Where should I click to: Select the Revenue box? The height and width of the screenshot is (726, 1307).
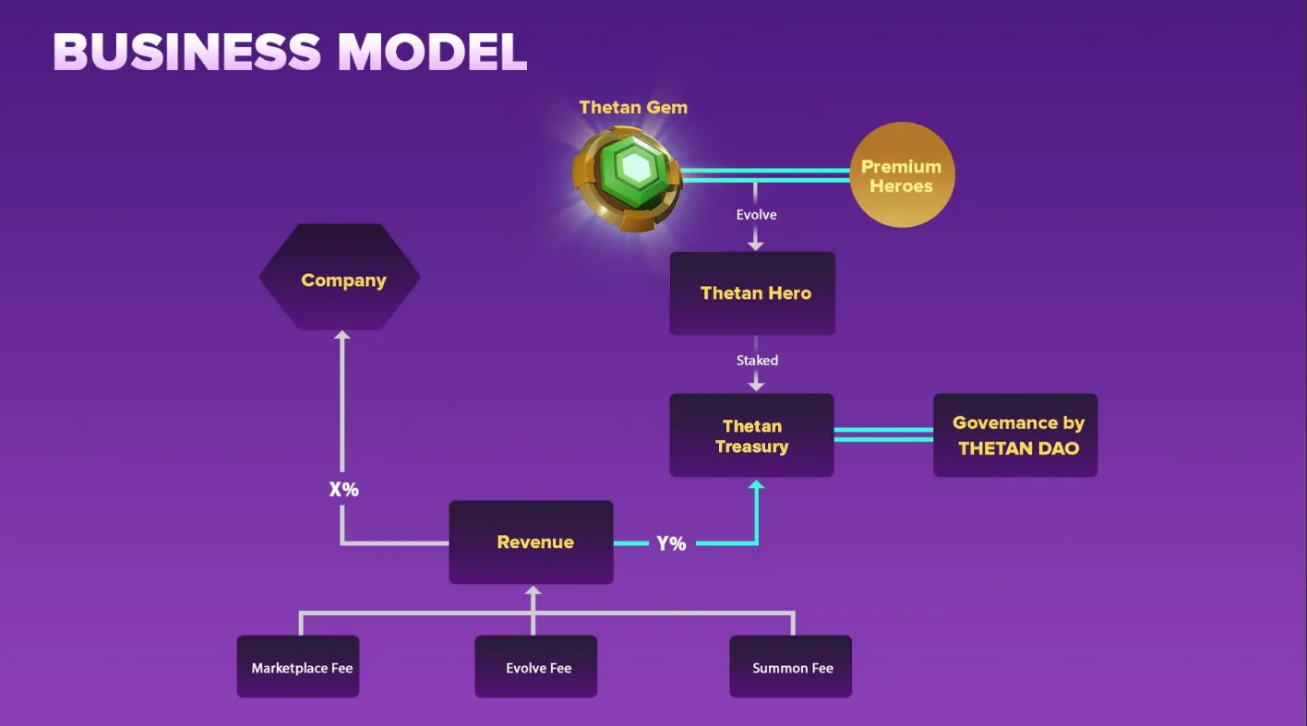click(531, 542)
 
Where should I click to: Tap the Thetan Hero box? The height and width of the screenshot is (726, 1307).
click(752, 293)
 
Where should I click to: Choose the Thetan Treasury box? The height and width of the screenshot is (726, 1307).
click(751, 435)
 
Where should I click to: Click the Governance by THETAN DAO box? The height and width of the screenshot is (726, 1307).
click(1015, 435)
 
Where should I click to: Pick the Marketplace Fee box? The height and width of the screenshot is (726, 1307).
click(298, 667)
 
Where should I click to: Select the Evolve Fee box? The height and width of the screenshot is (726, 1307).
click(536, 667)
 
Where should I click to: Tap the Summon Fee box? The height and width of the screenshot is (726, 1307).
click(790, 667)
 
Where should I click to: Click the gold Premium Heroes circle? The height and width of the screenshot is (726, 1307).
click(901, 175)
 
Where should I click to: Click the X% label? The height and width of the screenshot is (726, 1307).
click(343, 489)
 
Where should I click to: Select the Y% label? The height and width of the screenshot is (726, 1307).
click(671, 543)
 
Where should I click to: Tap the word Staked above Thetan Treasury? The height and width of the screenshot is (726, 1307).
click(757, 361)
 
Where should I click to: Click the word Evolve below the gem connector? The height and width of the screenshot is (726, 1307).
click(756, 215)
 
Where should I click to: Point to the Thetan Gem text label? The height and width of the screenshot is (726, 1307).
click(633, 107)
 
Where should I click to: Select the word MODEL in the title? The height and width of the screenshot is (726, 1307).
click(432, 53)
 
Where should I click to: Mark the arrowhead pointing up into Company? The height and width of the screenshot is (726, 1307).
click(342, 337)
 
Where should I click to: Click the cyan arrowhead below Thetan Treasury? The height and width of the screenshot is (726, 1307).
click(757, 485)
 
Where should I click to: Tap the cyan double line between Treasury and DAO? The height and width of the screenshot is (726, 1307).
click(883, 434)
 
